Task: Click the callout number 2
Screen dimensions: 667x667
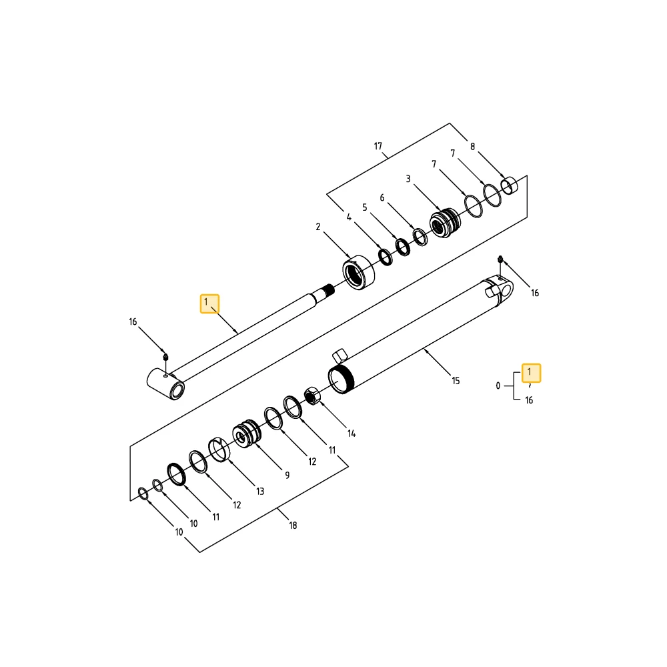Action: pyautogui.click(x=317, y=227)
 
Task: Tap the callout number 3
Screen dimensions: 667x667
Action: pyautogui.click(x=408, y=179)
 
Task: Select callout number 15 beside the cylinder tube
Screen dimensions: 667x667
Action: pyautogui.click(x=456, y=381)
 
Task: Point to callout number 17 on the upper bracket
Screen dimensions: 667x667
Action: pyautogui.click(x=378, y=146)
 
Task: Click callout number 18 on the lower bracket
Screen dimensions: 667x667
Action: pyautogui.click(x=293, y=526)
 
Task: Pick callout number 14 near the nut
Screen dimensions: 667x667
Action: pyautogui.click(x=352, y=434)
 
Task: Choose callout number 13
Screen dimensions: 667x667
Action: pyautogui.click(x=260, y=492)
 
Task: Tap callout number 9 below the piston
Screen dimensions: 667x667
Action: pyautogui.click(x=287, y=475)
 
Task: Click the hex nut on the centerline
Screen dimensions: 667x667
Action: pyautogui.click(x=312, y=396)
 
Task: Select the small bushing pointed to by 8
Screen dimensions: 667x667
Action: pyautogui.click(x=509, y=186)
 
